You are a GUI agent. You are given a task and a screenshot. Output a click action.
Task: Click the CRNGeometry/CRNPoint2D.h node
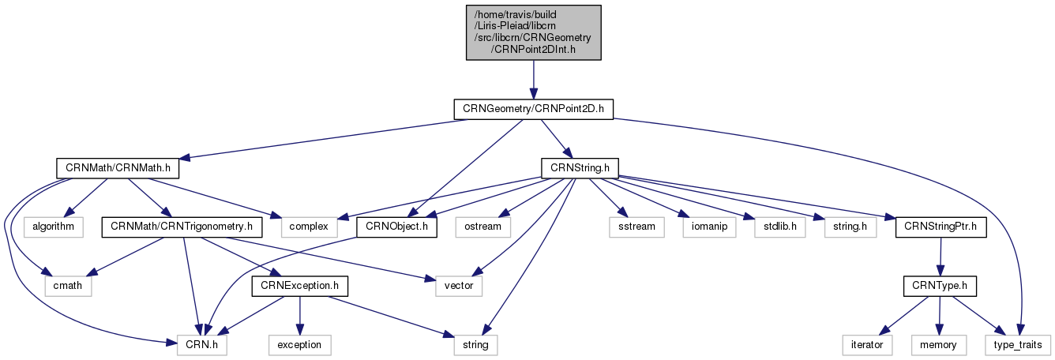[x=533, y=109]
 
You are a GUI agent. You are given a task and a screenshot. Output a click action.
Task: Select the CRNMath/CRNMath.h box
[x=118, y=168]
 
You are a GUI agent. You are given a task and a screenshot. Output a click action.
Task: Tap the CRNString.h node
[x=579, y=168]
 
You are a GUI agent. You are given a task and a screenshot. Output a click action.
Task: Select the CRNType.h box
[x=940, y=286]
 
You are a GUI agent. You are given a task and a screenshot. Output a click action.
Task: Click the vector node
[x=459, y=286]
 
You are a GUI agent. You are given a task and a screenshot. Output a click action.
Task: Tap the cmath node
[x=68, y=286]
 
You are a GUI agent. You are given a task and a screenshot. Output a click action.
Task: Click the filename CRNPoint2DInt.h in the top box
[x=533, y=49]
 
